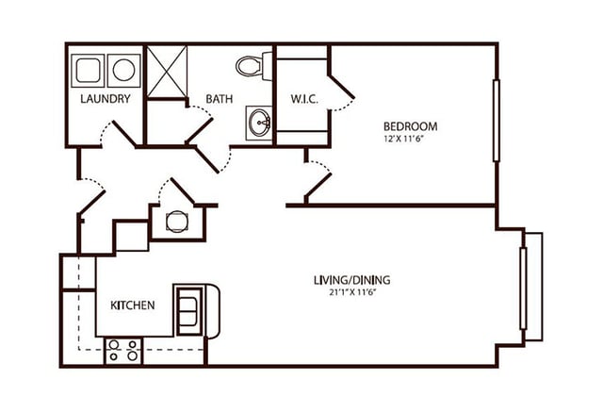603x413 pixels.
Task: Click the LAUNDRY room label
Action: pos(105,98)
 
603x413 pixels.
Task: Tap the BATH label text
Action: pos(219,98)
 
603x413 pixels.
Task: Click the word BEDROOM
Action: pos(410,126)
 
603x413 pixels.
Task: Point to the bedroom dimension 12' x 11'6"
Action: pos(410,140)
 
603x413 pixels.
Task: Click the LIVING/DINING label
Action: pos(351,280)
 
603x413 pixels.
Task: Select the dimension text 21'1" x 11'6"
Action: pos(351,292)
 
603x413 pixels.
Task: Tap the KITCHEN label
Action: pos(133,306)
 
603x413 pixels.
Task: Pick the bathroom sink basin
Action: pos(259,123)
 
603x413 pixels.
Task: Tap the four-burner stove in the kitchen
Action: pos(123,351)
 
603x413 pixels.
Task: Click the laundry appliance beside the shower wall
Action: pos(123,69)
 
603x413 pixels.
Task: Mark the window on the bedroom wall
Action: pos(496,123)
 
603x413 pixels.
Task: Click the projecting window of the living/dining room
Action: pos(532,285)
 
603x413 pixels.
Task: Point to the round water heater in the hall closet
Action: pos(175,222)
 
